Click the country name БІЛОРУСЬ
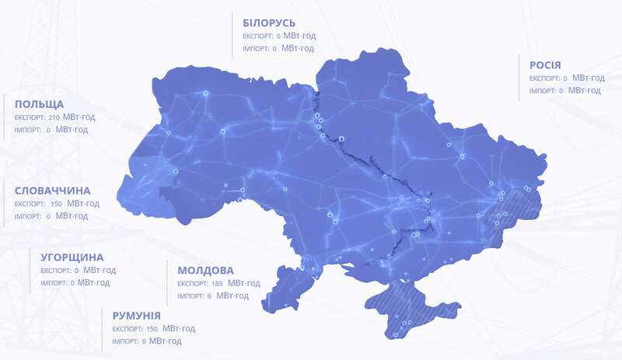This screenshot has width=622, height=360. click(269, 22)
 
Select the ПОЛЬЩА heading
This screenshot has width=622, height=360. click(39, 104)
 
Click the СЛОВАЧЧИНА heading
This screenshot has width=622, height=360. click(52, 190)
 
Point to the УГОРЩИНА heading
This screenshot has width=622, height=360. click(72, 257)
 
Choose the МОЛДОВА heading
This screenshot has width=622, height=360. click(205, 271)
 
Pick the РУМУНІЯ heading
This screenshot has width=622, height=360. click(136, 316)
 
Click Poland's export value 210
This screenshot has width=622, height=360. click(54, 117)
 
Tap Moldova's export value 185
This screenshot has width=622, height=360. click(217, 284)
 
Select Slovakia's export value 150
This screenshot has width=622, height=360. click(56, 204)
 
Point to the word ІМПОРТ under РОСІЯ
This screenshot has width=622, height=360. click(543, 91)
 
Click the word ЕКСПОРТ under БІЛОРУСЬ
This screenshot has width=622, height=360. click(257, 36)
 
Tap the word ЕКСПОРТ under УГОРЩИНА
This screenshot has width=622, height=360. click(55, 271)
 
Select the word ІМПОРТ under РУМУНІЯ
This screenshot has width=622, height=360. click(125, 341)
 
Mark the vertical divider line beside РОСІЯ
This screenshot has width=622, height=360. click(519, 78)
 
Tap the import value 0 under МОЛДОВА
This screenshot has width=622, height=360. click(210, 296)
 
